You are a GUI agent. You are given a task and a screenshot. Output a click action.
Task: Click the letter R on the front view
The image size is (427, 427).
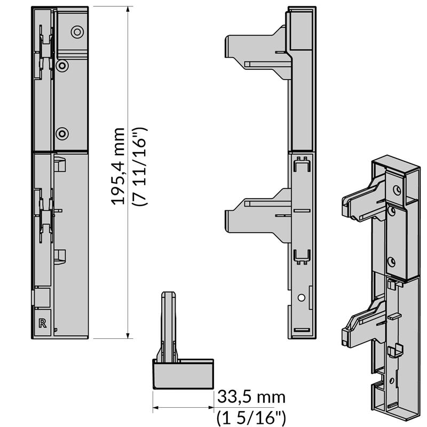pos(43,323)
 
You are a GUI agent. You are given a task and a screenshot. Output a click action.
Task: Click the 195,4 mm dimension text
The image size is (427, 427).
pos(117,166)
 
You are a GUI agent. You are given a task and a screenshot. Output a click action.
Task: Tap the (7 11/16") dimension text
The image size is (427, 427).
pos(139,166)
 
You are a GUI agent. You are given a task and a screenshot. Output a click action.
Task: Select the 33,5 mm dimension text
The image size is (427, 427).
pos(251,397)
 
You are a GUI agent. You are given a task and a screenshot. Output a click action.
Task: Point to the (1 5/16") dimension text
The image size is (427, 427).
pos(251,417)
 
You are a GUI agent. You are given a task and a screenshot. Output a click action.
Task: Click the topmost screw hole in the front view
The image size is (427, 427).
pos(77,32)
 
